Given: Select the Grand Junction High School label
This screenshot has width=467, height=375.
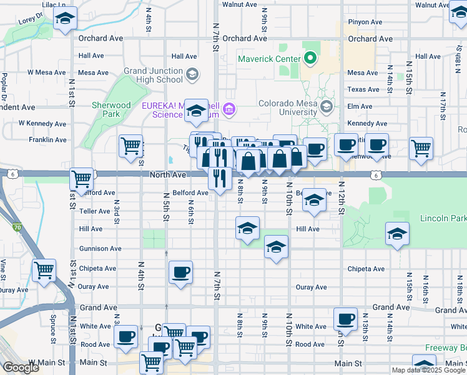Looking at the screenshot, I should point(153,75).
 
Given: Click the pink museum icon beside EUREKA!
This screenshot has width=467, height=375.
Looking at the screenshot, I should point(229,110).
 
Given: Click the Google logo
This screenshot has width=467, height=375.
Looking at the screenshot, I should point(22,367).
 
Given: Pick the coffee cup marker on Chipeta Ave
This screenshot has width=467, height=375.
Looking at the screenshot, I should point(180,272).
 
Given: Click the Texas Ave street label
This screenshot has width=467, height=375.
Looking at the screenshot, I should point(363,89).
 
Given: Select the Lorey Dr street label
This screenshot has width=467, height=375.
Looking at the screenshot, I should point(29,20).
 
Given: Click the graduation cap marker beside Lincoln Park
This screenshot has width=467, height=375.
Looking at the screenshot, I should point(398,234).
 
